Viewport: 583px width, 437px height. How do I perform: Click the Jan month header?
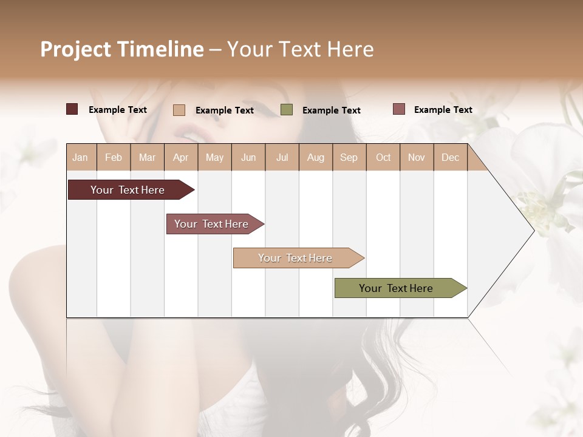(81, 157)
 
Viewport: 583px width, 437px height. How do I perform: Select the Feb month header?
(114, 157)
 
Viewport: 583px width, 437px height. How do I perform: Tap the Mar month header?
(147, 157)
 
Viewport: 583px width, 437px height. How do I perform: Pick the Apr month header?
(181, 157)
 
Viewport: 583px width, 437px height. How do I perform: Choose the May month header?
(214, 157)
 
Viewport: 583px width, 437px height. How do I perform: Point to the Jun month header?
(248, 157)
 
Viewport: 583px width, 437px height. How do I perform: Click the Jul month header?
(282, 157)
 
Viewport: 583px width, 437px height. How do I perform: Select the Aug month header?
(316, 157)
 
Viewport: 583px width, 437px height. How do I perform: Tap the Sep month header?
(349, 157)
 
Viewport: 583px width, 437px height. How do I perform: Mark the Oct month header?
(383, 157)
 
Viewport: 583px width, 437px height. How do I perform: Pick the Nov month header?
(417, 157)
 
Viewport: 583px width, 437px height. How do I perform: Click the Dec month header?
(451, 157)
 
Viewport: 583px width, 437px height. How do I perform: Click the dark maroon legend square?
(72, 109)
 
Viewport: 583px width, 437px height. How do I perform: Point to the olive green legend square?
(287, 110)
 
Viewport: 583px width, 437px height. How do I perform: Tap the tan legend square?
(179, 110)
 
